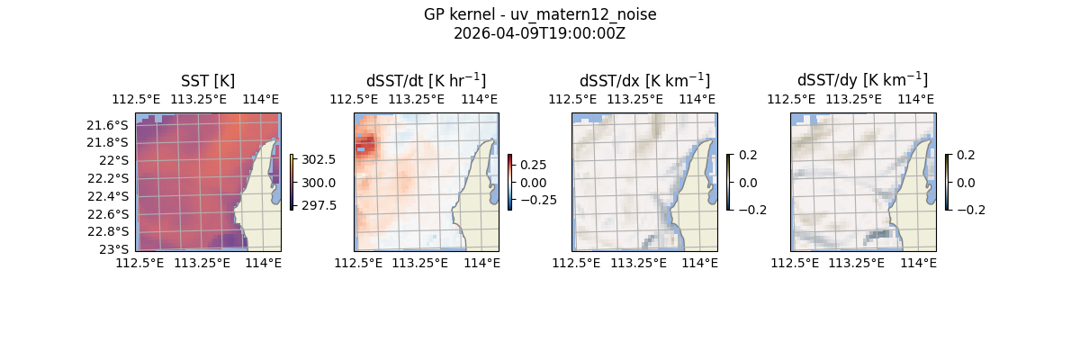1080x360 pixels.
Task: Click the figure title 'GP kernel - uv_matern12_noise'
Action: coord(539,14)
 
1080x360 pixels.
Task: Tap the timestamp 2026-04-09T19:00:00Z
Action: coord(539,33)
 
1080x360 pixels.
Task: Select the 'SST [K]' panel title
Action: coord(208,81)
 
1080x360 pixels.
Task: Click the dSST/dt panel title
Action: coord(426,81)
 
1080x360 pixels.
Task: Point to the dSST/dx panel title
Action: coord(644,81)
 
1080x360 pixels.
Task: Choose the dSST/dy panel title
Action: coord(862,81)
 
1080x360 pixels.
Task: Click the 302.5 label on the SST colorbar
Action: coord(319,159)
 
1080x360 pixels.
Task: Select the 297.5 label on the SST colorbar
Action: coord(319,205)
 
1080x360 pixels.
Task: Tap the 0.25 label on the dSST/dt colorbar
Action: coord(533,165)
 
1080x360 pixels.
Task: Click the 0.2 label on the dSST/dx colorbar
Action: coord(749,155)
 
